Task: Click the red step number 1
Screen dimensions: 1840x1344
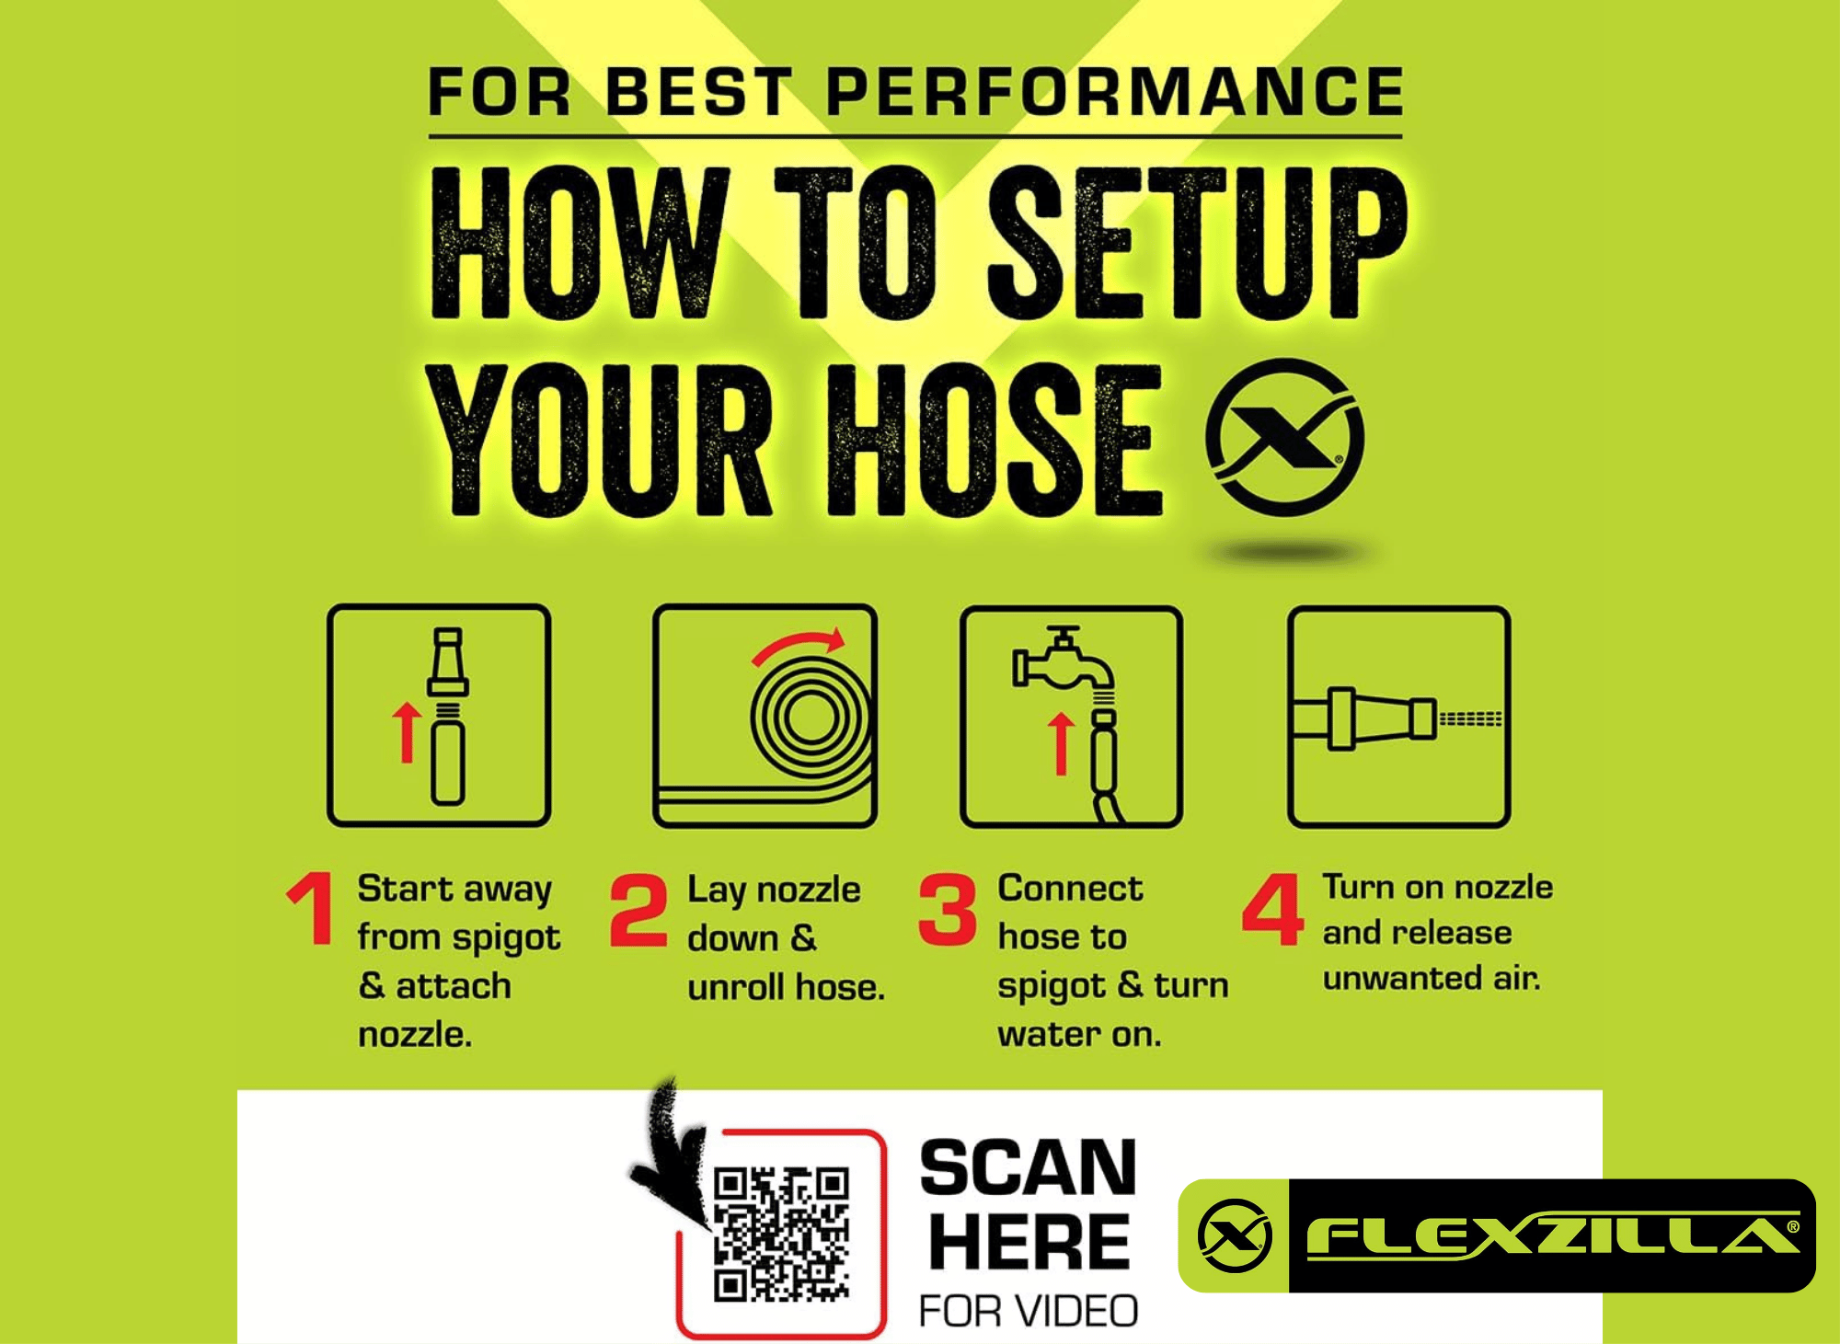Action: [312, 908]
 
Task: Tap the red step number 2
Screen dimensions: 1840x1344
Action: [638, 910]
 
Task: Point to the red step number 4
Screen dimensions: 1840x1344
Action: [1273, 909]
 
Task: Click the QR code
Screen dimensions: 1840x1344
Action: [781, 1235]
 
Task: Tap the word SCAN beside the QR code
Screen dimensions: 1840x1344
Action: [1029, 1168]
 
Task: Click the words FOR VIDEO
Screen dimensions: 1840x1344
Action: [1029, 1311]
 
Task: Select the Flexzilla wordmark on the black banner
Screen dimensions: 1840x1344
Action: [1553, 1235]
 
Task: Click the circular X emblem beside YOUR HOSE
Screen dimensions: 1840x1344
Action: [1285, 437]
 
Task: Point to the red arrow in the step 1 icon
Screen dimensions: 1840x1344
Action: [406, 733]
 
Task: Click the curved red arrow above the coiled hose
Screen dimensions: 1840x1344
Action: [798, 645]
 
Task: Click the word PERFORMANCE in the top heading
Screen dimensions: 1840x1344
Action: [1114, 92]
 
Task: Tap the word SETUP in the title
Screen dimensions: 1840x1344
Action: [1196, 243]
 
